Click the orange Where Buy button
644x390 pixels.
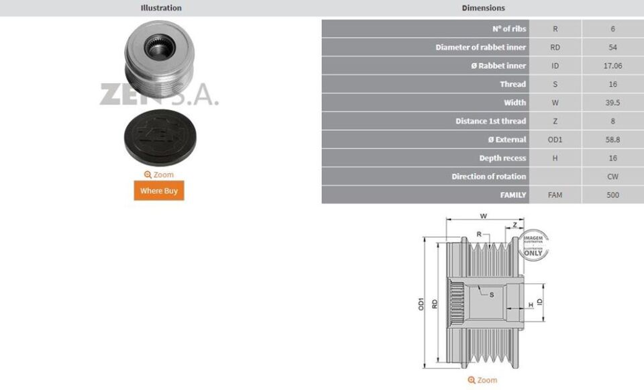[158, 191]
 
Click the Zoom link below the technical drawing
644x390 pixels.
[482, 380]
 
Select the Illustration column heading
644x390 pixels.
[161, 8]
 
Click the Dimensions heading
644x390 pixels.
[483, 8]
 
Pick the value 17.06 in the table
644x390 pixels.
[612, 66]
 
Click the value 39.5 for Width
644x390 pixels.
[612, 103]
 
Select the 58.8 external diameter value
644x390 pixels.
[612, 140]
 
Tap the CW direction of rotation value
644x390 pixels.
[612, 177]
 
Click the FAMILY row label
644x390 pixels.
[513, 195]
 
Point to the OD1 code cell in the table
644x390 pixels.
[555, 140]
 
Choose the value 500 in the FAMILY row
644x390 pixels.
[612, 195]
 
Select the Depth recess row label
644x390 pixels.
[502, 158]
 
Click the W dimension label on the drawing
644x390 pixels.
[483, 216]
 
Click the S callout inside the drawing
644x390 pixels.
[492, 294]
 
